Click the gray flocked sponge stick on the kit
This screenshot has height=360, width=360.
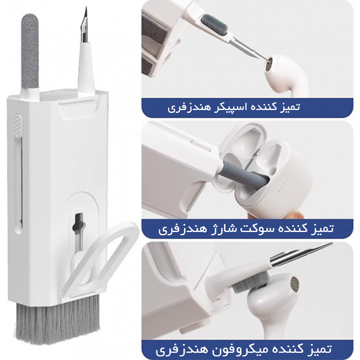(30, 52)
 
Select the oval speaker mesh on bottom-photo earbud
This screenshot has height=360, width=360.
(294, 284)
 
